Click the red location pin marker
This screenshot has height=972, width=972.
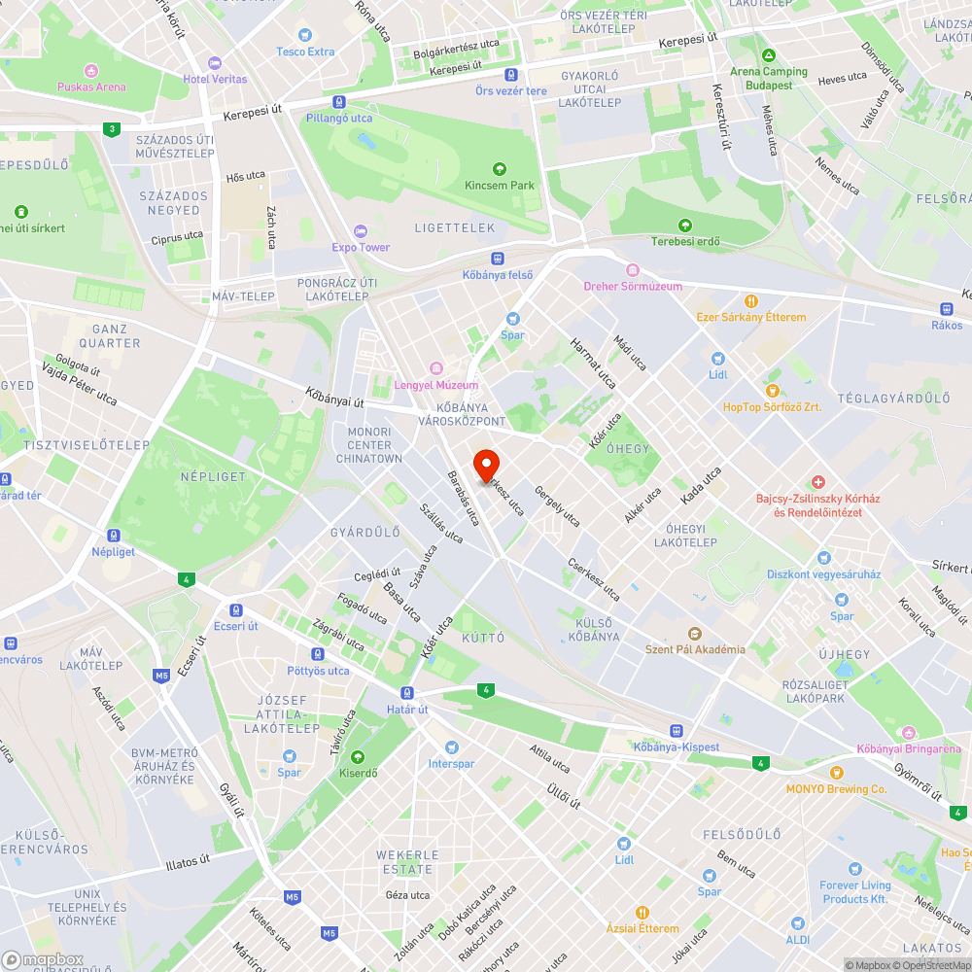coord(486,466)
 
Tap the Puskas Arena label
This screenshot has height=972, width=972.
coord(90,87)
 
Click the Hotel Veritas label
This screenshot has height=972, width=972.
coord(215,79)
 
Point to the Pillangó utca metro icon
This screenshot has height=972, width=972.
coord(337,102)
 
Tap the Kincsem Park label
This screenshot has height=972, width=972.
coord(500,185)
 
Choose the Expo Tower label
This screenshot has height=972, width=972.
coord(361,247)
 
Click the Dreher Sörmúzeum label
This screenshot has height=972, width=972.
coord(633,286)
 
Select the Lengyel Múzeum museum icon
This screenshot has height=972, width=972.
coord(435,367)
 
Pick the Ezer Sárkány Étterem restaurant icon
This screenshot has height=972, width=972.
coord(750,301)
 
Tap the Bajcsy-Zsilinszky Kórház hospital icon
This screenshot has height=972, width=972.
coord(818,482)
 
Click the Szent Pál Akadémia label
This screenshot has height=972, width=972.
coord(695,649)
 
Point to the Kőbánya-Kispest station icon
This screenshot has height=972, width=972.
coord(676,731)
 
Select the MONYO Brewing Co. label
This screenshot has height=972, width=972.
coord(836,789)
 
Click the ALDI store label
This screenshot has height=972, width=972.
coord(797,940)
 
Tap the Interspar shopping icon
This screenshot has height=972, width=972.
coord(451,746)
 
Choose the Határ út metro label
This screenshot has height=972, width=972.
coord(408,710)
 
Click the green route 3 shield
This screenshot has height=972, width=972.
coord(113,128)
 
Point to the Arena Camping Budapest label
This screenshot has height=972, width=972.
coord(769,78)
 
